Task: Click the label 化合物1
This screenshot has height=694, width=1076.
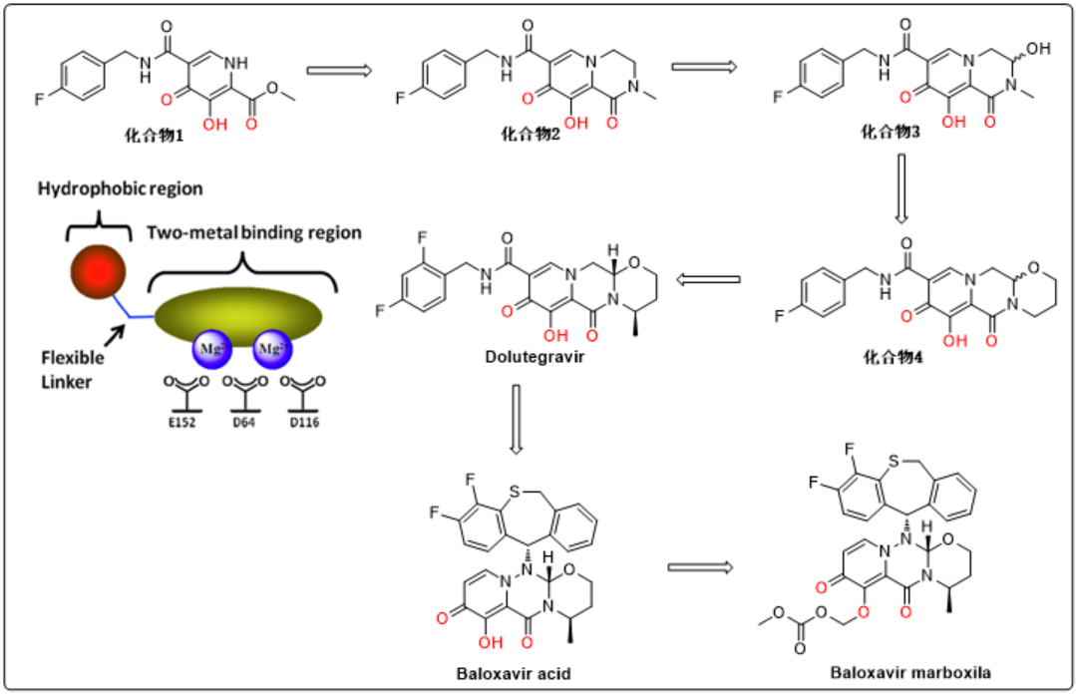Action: (x=154, y=136)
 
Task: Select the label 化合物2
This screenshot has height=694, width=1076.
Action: (x=531, y=134)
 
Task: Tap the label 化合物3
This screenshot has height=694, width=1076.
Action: (x=891, y=132)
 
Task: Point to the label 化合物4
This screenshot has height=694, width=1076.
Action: (x=893, y=357)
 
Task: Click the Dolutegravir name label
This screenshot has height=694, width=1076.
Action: (x=535, y=357)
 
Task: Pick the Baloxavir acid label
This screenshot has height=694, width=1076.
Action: (x=514, y=673)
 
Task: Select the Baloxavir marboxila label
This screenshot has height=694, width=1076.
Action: (x=910, y=672)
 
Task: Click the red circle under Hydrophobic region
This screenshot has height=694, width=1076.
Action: (x=98, y=272)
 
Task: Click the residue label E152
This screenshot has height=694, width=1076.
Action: (x=181, y=422)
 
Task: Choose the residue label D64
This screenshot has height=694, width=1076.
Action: (x=243, y=422)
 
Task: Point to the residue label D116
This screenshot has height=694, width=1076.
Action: (x=304, y=422)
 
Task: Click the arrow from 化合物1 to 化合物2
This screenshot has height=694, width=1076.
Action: (x=339, y=70)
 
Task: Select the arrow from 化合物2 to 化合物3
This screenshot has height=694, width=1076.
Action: (x=704, y=67)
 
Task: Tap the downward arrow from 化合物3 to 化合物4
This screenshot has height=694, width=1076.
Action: (x=901, y=188)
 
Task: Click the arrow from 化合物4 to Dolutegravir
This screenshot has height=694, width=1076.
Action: (x=708, y=279)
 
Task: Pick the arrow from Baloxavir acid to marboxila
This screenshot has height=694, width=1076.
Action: (x=700, y=567)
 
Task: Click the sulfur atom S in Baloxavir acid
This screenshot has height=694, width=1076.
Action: (x=515, y=491)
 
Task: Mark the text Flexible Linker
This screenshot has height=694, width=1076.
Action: (x=73, y=370)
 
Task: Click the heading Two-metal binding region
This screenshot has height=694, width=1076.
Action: (x=254, y=232)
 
